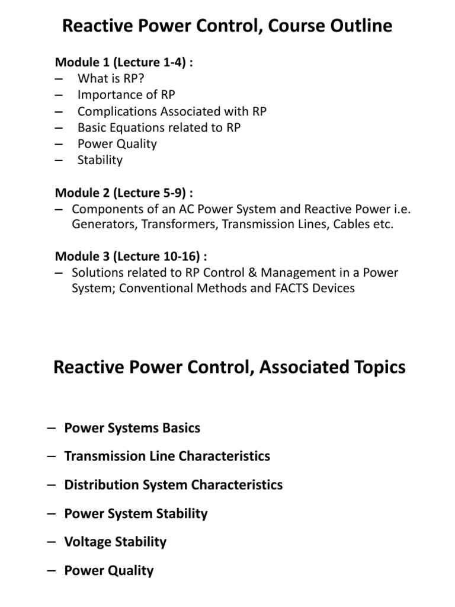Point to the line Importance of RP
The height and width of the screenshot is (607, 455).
(x=126, y=95)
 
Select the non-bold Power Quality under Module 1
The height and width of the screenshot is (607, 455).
(x=117, y=143)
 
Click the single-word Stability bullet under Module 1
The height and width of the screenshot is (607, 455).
(x=100, y=160)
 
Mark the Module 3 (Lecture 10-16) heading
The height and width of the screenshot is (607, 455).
(x=130, y=256)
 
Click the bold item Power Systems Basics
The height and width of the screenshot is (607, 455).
(x=132, y=428)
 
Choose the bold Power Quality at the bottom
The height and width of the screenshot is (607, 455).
(x=108, y=570)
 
